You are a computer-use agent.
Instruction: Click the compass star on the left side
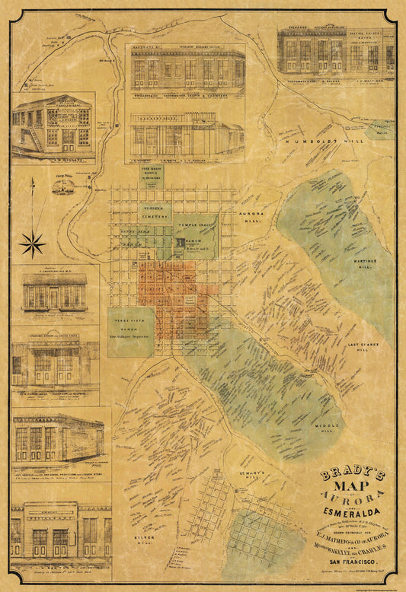(33, 243)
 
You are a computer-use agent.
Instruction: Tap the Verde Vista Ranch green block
(130, 332)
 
